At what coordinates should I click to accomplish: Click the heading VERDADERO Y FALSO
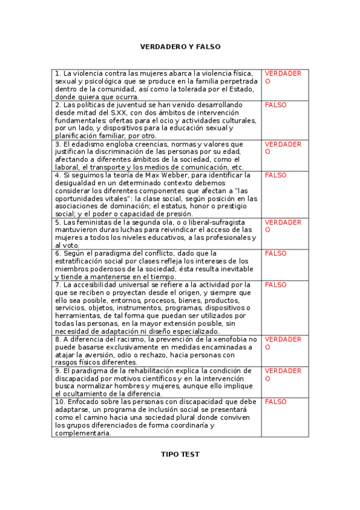tap(180, 46)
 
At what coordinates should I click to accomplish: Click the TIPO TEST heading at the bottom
tap(180, 455)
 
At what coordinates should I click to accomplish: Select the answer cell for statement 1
tap(283, 77)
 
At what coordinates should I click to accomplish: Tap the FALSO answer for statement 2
tap(276, 105)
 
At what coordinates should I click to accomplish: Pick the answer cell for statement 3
tap(283, 148)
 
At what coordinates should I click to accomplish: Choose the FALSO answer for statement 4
tap(276, 175)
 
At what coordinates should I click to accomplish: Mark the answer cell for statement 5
tap(283, 226)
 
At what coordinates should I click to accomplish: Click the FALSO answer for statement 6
tap(276, 253)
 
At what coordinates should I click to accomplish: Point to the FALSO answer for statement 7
tap(276, 284)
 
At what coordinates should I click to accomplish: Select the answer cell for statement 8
tap(283, 343)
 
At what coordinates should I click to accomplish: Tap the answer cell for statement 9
tap(283, 374)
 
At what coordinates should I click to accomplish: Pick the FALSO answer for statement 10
tap(276, 401)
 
